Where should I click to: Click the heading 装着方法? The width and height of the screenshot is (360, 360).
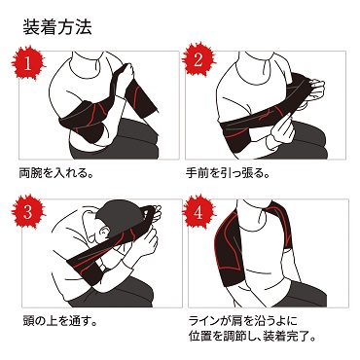tap(57, 26)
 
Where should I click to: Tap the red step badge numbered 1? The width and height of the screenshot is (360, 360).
tap(28, 63)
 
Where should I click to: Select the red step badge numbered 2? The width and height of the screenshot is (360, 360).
tap(198, 60)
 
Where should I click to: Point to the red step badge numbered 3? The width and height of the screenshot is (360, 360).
tap(28, 212)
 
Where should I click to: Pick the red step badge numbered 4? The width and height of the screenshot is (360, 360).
tap(198, 212)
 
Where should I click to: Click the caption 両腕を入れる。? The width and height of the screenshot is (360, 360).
tap(56, 173)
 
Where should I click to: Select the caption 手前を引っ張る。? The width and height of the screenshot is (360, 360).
tap(228, 173)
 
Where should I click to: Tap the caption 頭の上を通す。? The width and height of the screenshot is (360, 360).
tap(60, 321)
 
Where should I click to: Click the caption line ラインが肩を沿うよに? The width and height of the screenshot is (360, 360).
tap(242, 321)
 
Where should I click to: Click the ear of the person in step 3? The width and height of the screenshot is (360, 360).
tap(103, 233)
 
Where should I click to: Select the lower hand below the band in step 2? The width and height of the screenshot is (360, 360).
tap(281, 129)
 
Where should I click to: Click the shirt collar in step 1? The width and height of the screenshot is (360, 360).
tap(85, 67)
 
